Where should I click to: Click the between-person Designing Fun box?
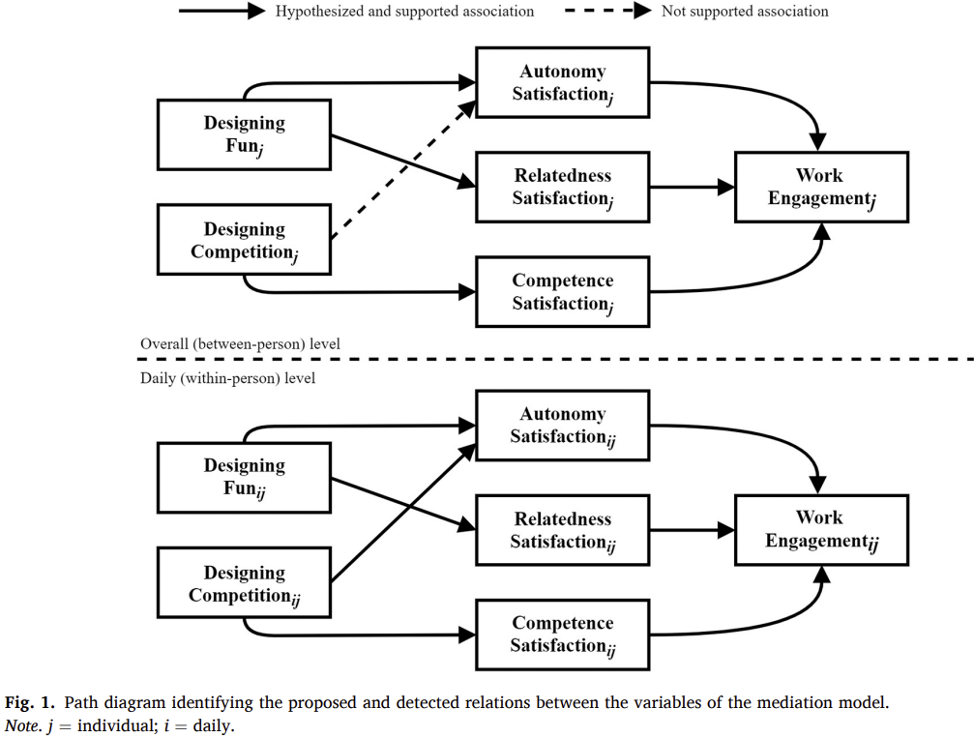click(x=244, y=134)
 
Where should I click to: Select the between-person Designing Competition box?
click(x=244, y=240)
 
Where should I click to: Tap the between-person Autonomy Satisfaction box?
click(x=562, y=82)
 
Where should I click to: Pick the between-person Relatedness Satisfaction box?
click(x=562, y=187)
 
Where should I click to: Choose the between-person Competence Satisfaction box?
click(x=562, y=292)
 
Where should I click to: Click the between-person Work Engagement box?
click(x=821, y=187)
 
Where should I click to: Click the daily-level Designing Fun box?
click(x=244, y=477)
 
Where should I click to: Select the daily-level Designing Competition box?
click(x=244, y=583)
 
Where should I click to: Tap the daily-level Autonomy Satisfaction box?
click(x=562, y=426)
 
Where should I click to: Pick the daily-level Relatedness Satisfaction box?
click(x=562, y=530)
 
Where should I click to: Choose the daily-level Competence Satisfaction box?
click(x=562, y=635)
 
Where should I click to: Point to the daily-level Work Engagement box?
click(x=821, y=529)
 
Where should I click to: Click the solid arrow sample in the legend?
click(x=221, y=12)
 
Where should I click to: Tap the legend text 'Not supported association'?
click(x=745, y=12)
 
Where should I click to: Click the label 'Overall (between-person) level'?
click(x=240, y=343)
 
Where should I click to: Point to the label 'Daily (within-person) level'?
click(x=227, y=378)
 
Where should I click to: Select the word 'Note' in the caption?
click(x=22, y=725)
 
